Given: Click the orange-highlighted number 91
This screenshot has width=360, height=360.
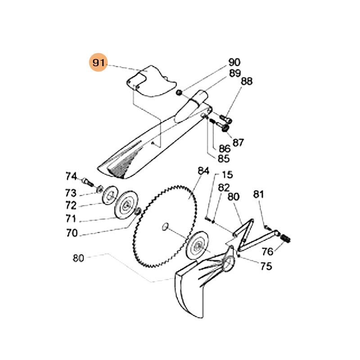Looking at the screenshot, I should click(x=98, y=63).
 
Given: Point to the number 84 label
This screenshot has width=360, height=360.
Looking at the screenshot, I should click(x=204, y=171).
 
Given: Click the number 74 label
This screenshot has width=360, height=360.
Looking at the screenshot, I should click(x=72, y=176).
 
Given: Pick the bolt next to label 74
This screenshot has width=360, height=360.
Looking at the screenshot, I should click(x=87, y=182).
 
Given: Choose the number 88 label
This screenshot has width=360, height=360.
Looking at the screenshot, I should click(x=247, y=81).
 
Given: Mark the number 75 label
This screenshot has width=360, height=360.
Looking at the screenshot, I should click(x=266, y=266).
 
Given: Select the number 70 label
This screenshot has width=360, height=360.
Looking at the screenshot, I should click(x=72, y=233).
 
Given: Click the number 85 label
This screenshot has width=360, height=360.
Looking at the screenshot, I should click(x=224, y=158).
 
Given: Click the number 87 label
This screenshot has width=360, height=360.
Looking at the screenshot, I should click(x=238, y=143).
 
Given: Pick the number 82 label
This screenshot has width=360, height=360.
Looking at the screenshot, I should click(x=224, y=188).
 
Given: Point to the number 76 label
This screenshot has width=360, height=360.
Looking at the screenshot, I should click(x=267, y=251).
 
